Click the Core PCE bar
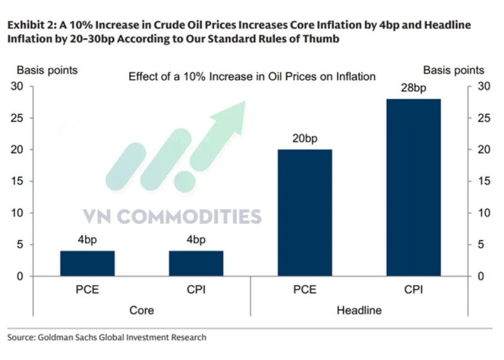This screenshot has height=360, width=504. pyautogui.click(x=88, y=264)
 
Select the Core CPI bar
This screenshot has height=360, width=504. pyautogui.click(x=196, y=264)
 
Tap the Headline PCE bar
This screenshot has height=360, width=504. pyautogui.click(x=305, y=212)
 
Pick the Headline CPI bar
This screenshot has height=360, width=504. pyautogui.click(x=413, y=187)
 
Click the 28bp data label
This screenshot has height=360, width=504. pyautogui.click(x=413, y=88)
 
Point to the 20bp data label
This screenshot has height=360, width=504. pyautogui.click(x=305, y=139)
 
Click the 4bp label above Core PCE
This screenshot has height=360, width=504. pyautogui.click(x=88, y=240)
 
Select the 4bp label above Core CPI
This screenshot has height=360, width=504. pyautogui.click(x=196, y=240)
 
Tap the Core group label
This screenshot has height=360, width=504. pyautogui.click(x=142, y=310)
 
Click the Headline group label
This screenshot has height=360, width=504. pyautogui.click(x=359, y=310)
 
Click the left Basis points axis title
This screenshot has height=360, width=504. pyautogui.click(x=47, y=70)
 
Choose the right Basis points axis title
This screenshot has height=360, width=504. pyautogui.click(x=454, y=70)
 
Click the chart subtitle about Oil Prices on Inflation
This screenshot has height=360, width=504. pyautogui.click(x=252, y=76)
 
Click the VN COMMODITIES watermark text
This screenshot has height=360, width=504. pyautogui.click(x=171, y=217)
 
